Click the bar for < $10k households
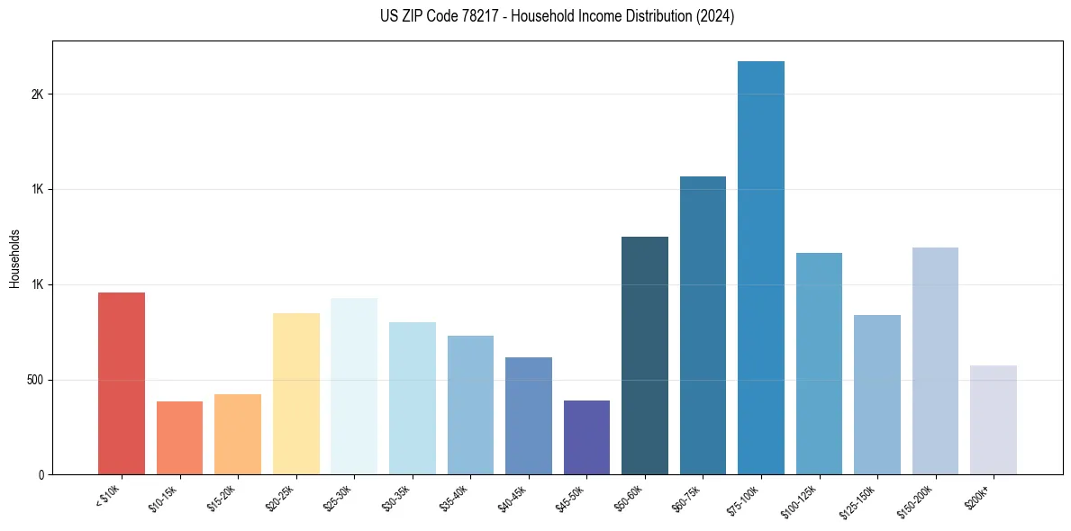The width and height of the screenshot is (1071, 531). pyautogui.click(x=122, y=383)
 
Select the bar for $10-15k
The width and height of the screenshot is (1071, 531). pyautogui.click(x=179, y=438)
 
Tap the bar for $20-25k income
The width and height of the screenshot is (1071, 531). pyautogui.click(x=296, y=394)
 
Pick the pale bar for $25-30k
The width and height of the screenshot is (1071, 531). pyautogui.click(x=354, y=386)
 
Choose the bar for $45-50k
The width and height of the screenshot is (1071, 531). pyautogui.click(x=586, y=437)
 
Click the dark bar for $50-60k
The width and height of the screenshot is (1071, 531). pyautogui.click(x=645, y=355)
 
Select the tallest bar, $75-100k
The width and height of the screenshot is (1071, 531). pyautogui.click(x=761, y=268)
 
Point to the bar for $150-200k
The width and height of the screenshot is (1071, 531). pyautogui.click(x=935, y=361)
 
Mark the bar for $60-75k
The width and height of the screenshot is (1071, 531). pyautogui.click(x=703, y=326)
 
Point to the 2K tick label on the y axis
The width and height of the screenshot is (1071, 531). pyautogui.click(x=37, y=94)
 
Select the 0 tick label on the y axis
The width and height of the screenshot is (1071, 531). pyautogui.click(x=41, y=475)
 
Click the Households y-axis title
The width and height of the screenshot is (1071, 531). pyautogui.click(x=14, y=257)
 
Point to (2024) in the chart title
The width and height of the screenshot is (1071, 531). pyautogui.click(x=716, y=16)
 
